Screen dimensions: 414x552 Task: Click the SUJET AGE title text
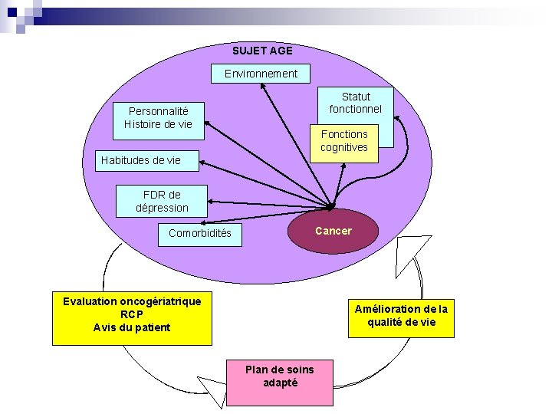(x=262, y=51)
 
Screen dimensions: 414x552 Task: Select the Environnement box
(x=261, y=74)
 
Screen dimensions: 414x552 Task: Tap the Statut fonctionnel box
(x=355, y=103)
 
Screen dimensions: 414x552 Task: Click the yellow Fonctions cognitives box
(x=343, y=141)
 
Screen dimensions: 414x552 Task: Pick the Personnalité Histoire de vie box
(x=158, y=118)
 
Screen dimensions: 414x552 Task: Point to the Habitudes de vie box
(x=146, y=160)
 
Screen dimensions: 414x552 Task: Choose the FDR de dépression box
(x=162, y=202)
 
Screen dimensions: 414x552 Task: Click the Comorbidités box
(x=199, y=233)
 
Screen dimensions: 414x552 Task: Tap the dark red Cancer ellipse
(x=333, y=231)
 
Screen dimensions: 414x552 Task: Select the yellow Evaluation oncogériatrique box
(x=131, y=315)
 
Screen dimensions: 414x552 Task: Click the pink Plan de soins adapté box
(x=279, y=376)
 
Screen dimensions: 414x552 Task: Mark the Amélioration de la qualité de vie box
(x=400, y=316)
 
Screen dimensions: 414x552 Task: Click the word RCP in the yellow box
(x=131, y=314)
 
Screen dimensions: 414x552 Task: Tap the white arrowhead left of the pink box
(x=215, y=387)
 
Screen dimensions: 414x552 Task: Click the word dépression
(x=162, y=208)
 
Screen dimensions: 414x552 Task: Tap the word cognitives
(x=343, y=147)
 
